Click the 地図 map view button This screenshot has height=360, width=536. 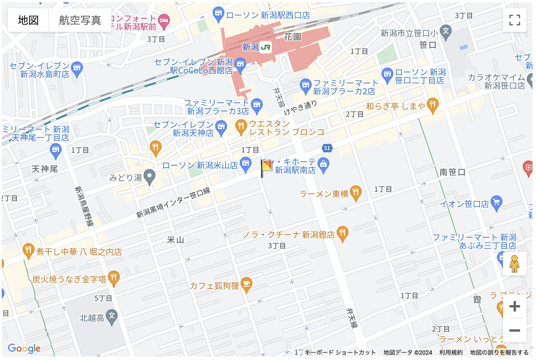coord(28,20)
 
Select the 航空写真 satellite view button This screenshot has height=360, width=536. coord(80,20)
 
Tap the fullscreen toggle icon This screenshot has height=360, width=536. coord(514,20)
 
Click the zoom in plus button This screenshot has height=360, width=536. coord(514,306)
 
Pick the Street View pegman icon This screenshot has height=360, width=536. coord(514,264)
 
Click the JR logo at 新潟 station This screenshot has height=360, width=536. coord(266,47)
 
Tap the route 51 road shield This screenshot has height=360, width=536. coord(327,148)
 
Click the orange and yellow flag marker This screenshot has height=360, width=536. coord(267,166)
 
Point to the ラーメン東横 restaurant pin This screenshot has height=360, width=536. coord(356,192)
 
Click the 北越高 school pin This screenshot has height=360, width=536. coord(112,316)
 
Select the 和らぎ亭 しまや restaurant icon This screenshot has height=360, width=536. coord(433,104)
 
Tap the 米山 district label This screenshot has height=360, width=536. coord(175,240)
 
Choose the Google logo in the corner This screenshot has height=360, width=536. coord(24,348)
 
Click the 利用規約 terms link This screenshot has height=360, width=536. coord(451,352)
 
